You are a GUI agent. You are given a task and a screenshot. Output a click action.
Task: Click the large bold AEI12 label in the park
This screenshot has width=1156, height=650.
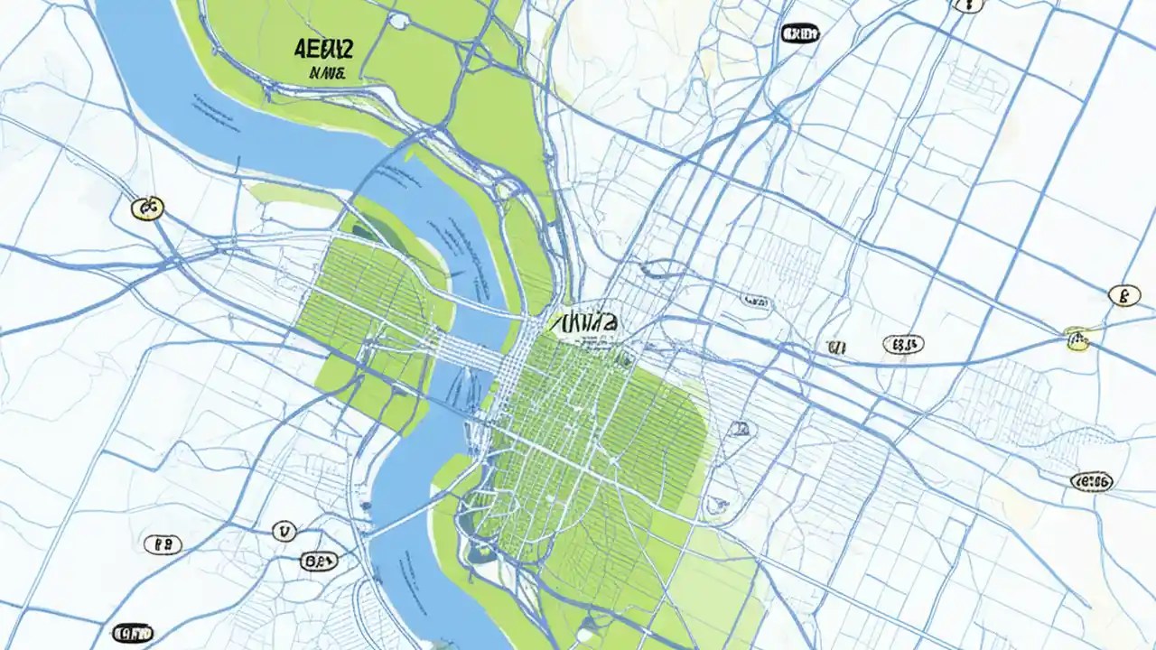point(322,49)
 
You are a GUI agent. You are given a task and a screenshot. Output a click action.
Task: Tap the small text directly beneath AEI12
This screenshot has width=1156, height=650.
point(326,73)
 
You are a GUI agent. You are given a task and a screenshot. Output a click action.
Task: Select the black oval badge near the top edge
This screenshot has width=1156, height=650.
point(799,34)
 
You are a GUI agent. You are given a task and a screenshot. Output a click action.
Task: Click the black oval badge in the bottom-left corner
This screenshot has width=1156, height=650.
point(133,632)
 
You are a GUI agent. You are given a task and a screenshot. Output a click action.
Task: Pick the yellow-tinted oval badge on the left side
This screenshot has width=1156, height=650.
point(147,209)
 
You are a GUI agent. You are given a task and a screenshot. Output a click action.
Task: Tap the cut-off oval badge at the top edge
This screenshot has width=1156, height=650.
point(967,4)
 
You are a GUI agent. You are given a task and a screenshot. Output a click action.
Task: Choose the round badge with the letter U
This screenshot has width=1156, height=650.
point(284,532)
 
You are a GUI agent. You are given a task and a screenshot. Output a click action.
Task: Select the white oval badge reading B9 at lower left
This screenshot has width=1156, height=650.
point(163,543)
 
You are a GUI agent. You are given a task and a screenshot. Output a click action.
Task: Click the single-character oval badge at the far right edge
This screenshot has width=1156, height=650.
point(1123,295)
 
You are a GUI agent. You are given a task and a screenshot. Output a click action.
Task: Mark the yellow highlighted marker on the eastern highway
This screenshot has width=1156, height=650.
point(1077,339)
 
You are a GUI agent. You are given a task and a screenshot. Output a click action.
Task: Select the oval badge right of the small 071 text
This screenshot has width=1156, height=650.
point(902,344)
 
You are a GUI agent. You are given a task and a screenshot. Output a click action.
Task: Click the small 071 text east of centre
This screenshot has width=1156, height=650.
point(835,347)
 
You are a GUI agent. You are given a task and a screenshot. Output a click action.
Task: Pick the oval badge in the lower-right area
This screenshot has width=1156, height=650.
point(1091,481)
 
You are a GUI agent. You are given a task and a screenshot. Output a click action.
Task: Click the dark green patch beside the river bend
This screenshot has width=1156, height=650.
point(366,233)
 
